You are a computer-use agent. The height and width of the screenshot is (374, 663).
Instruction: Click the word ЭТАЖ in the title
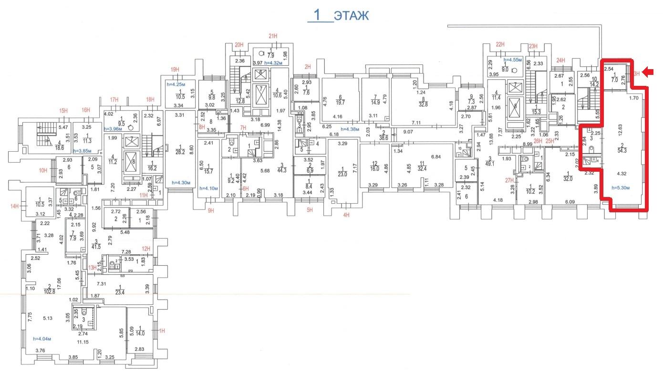[351, 15]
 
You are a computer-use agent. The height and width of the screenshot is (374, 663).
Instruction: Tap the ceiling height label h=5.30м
[620, 187]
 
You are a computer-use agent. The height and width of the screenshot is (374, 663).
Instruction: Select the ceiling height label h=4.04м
[42, 339]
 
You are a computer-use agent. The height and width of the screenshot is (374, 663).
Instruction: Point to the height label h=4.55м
[513, 60]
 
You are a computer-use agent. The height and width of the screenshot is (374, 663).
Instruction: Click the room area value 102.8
[49, 291]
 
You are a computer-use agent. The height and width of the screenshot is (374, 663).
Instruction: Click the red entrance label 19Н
[175, 70]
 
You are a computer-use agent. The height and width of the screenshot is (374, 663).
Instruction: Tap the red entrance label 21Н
[273, 37]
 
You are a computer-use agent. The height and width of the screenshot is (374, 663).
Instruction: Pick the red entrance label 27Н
[510, 180]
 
